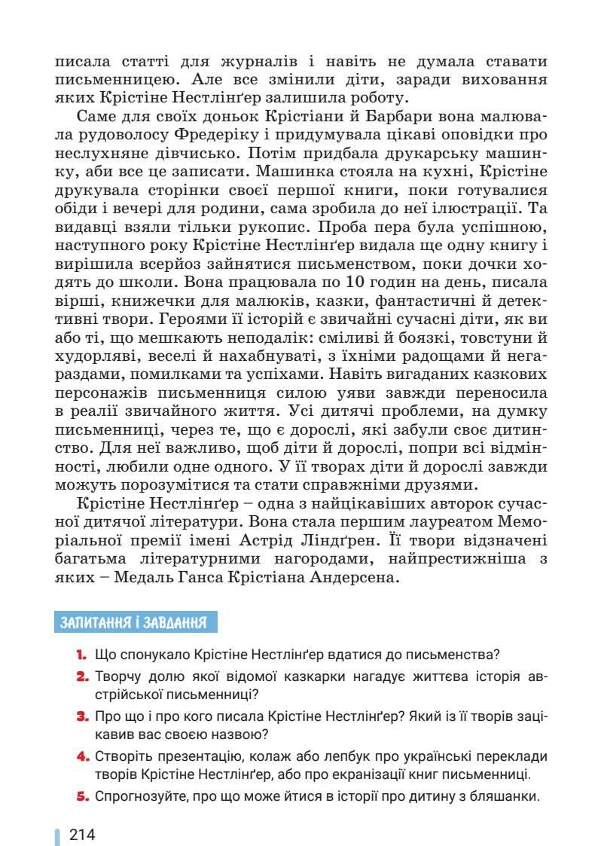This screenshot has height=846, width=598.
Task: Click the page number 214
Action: (82, 835)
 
